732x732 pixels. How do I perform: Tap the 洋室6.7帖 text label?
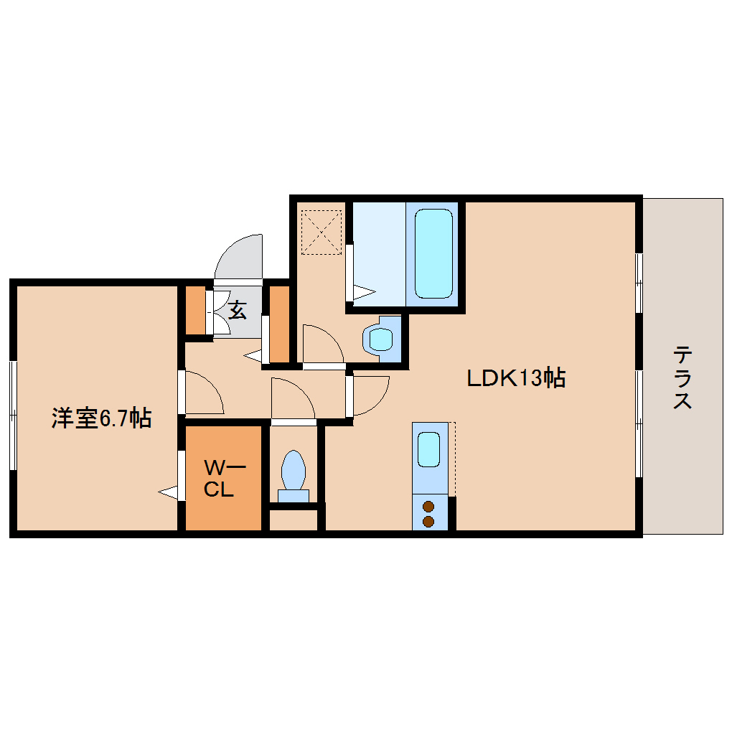pos(100,418)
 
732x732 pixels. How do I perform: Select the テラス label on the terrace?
pos(682,377)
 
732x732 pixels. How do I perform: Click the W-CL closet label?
pos(223,479)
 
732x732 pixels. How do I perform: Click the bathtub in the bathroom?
pos(434,253)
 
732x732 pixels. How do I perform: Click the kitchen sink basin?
pos(428,449)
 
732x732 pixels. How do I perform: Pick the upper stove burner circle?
pos(428,505)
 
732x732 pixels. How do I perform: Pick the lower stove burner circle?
pos(428,520)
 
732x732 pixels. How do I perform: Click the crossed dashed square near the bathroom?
pos(321,231)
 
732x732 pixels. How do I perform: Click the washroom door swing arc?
pos(322,344)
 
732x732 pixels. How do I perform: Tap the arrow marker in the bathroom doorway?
pos(363,292)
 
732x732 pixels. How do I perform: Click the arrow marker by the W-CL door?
pos(169,492)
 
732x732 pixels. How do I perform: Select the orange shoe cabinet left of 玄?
pos(194,310)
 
